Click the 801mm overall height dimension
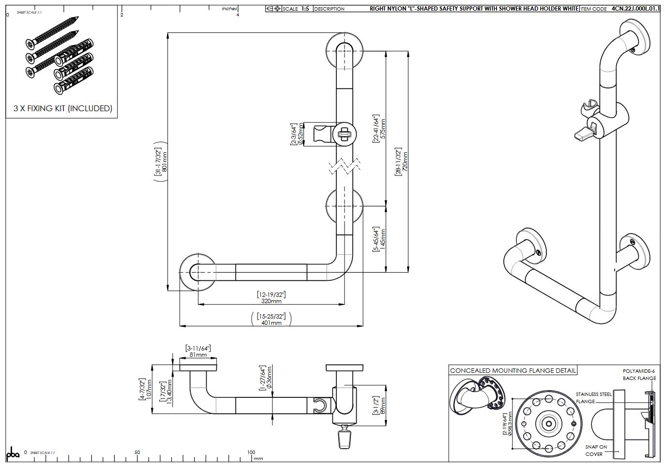click(164, 162)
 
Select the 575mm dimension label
click(383, 129)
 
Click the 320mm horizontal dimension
click(271, 301)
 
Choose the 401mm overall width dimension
click(271, 322)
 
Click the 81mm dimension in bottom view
click(198, 354)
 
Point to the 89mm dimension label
click(383, 406)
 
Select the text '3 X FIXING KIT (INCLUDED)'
click(63, 108)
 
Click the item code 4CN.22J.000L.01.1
click(635, 9)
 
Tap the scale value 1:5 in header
click(305, 9)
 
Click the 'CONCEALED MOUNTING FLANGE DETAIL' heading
click(513, 371)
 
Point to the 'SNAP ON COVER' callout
click(595, 451)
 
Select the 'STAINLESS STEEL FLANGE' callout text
click(593, 397)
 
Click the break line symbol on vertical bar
click(344, 166)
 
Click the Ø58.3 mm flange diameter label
click(508, 424)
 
